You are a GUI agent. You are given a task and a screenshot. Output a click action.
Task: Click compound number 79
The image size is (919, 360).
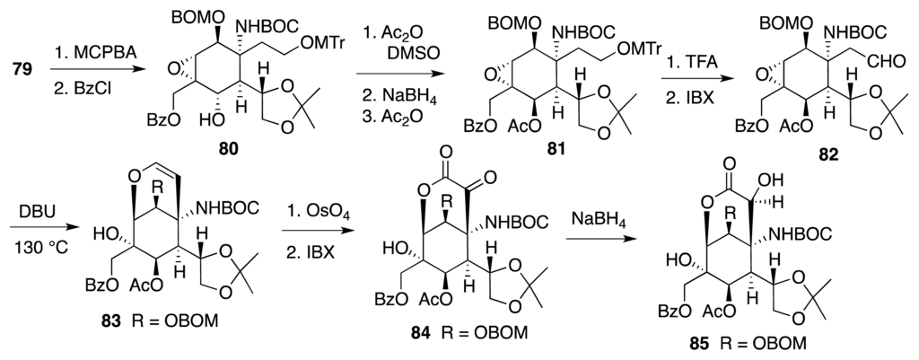(17, 66)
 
